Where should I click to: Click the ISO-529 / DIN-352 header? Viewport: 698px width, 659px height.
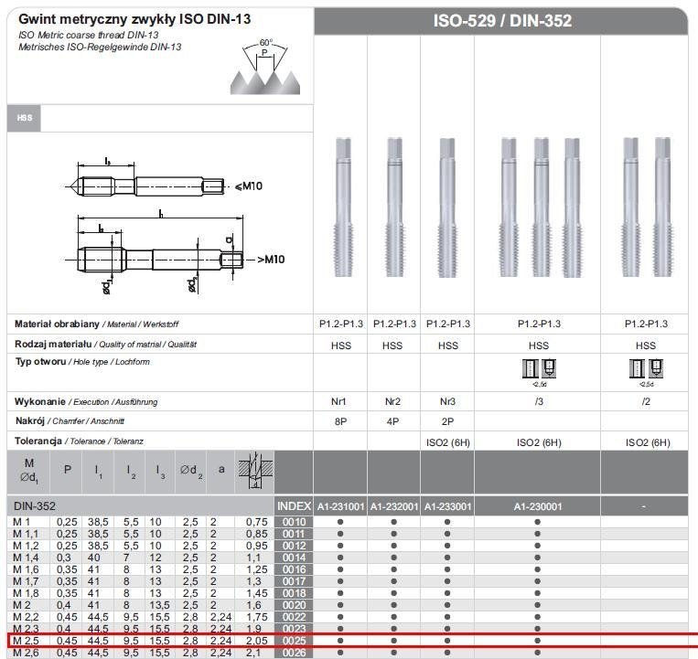(502, 20)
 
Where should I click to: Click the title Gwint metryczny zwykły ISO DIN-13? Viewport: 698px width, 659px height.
(134, 18)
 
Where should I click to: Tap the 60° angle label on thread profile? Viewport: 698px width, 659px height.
(266, 43)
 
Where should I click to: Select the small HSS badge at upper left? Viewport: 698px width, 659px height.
(24, 118)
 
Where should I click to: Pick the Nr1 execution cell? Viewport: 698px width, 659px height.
(340, 402)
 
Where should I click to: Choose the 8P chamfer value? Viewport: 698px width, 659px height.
(340, 421)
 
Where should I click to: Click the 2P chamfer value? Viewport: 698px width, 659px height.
(447, 421)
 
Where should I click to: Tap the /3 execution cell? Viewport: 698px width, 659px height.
(538, 402)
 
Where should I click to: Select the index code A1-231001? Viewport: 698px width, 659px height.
(340, 506)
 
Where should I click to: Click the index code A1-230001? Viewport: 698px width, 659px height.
(538, 506)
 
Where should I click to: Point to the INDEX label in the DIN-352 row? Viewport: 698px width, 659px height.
(294, 506)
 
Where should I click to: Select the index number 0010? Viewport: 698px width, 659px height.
(294, 522)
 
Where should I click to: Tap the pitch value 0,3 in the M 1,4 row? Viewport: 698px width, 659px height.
(67, 558)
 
